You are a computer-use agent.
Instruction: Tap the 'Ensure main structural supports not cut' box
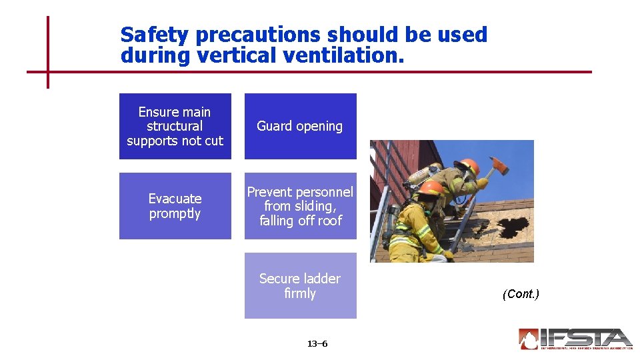[x=175, y=126]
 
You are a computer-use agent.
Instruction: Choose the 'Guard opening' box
[x=300, y=126]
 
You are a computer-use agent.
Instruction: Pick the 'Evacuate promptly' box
[x=175, y=206]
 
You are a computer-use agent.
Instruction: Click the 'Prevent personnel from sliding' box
[x=300, y=206]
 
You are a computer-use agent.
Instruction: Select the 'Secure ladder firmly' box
[x=300, y=285]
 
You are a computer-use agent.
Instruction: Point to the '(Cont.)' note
[x=521, y=294]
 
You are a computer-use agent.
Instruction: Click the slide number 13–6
[x=317, y=344]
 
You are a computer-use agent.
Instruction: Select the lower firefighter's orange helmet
[x=433, y=188]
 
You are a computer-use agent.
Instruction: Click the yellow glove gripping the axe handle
[x=482, y=182]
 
